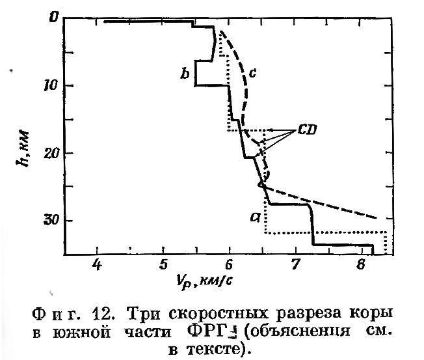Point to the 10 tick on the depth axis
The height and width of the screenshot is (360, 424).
coord(49,85)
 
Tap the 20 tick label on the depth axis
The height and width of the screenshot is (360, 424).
coord(49,152)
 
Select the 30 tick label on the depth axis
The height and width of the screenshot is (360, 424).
coord(49,220)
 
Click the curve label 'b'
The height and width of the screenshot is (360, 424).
coord(185,76)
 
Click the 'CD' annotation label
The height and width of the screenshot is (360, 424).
coord(307,130)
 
